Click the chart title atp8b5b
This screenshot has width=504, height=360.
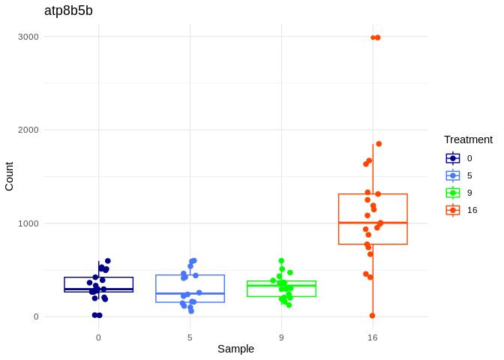[68, 10]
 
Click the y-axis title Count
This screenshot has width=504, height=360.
[9, 176]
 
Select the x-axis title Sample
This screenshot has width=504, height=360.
[235, 349]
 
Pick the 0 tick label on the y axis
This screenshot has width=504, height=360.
[35, 316]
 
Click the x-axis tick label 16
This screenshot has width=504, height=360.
[373, 337]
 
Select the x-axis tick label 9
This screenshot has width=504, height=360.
[281, 337]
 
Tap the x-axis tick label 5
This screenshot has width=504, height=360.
[190, 337]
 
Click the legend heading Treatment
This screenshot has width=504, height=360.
[468, 139]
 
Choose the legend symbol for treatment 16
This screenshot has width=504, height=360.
[453, 210]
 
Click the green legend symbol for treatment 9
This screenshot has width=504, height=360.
[453, 193]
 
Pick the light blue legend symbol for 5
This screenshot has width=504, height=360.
[453, 175]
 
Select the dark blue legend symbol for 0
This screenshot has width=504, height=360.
[453, 158]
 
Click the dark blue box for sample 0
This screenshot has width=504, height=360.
[98, 283]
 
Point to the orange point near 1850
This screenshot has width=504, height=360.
[379, 144]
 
